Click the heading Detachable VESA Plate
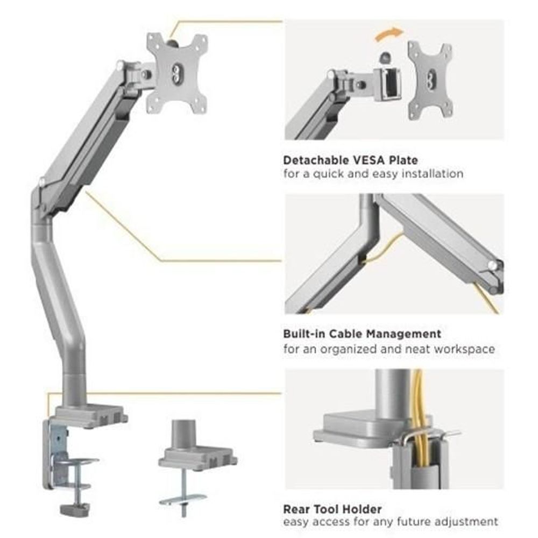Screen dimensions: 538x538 pos(350,160)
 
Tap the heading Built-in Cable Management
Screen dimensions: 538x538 pos(362,334)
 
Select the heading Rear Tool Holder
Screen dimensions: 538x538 pos(332,508)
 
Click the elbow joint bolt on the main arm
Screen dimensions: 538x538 pos(42,183)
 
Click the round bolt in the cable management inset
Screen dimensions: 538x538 pos(492,265)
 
